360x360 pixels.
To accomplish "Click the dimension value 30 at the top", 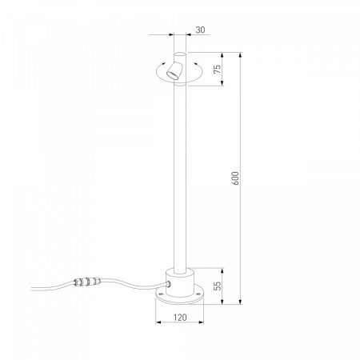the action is [x=200, y=30].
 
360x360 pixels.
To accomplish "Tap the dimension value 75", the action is [x=218, y=70].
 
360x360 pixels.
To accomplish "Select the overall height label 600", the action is [x=236, y=178].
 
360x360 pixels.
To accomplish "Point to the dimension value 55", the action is [x=218, y=286].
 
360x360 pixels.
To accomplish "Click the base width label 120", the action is [x=180, y=318].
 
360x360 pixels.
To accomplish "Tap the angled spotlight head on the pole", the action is [x=174, y=70].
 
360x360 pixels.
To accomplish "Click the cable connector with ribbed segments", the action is [x=87, y=282].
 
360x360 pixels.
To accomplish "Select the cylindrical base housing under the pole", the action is [x=180, y=282].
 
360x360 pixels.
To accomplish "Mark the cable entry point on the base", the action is [x=169, y=284].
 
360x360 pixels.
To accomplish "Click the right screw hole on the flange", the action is [x=198, y=294].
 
